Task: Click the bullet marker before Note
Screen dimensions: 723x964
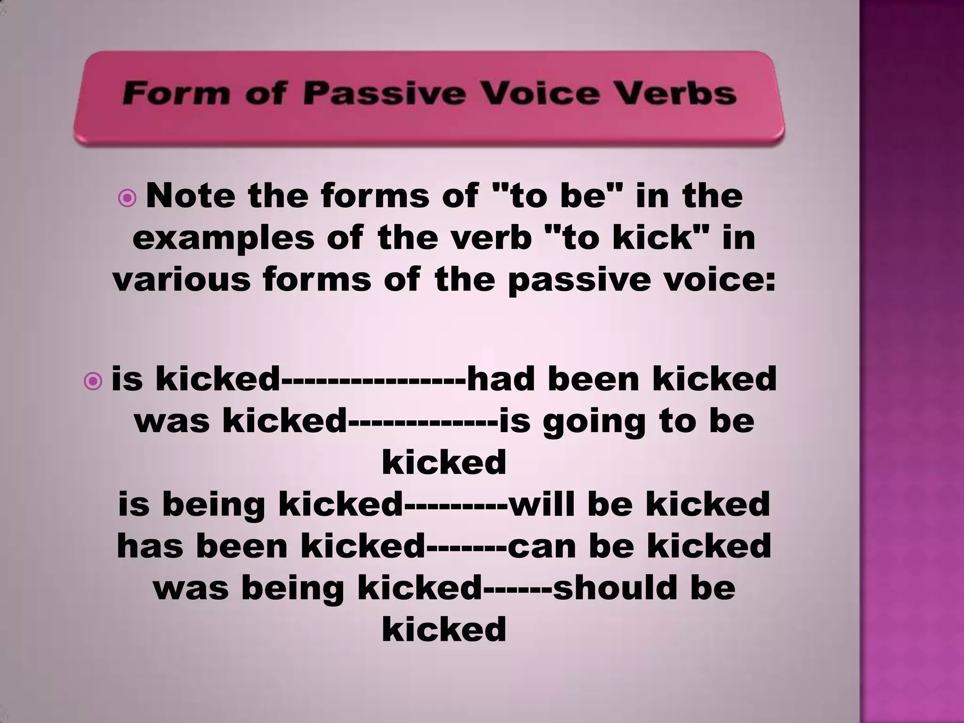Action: point(127,200)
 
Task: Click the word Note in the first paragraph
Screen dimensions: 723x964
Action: point(191,196)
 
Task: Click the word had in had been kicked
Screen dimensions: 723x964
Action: point(501,379)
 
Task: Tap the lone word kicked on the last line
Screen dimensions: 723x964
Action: point(444,630)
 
